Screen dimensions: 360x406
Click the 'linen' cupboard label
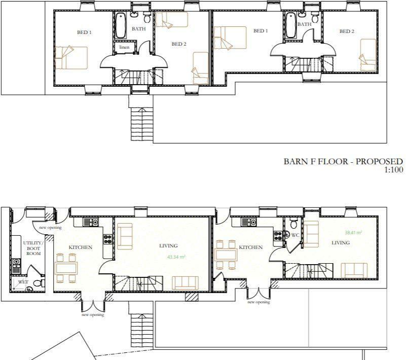click(x=124, y=47)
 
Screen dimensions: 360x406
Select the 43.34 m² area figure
click(x=176, y=257)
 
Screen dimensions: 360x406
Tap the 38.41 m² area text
click(x=353, y=233)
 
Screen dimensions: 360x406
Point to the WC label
click(x=294, y=235)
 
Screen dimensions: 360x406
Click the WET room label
click(x=23, y=281)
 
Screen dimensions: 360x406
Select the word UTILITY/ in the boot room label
click(x=33, y=243)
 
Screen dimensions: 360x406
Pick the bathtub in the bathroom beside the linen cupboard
click(x=121, y=25)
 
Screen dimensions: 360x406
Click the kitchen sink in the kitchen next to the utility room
click(x=91, y=222)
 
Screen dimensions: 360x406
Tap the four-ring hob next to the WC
click(x=278, y=235)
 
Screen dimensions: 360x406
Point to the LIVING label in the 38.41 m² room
click(x=341, y=243)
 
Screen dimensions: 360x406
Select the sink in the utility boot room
click(x=16, y=263)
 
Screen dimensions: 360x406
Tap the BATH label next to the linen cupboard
click(x=138, y=29)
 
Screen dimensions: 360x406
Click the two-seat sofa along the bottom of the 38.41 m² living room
click(x=354, y=269)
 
